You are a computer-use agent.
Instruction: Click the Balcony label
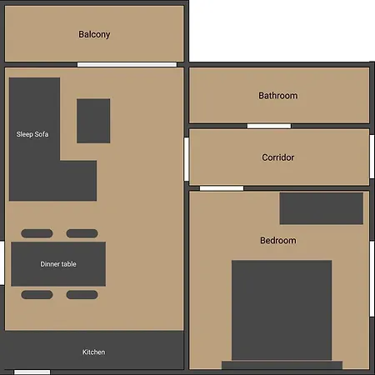(x=94, y=34)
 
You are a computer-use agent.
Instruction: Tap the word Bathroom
(x=277, y=96)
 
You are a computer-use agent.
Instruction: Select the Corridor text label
(x=277, y=157)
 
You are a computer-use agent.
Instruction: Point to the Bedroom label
(x=277, y=241)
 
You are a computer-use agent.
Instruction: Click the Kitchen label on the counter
(x=94, y=352)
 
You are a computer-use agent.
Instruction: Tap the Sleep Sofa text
(x=32, y=133)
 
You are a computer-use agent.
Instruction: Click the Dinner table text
(x=58, y=264)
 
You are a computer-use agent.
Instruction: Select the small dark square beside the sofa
(x=93, y=121)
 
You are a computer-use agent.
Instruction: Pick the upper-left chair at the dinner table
(x=37, y=233)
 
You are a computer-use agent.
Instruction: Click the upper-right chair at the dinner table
(x=82, y=233)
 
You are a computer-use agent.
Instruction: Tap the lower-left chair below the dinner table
(x=37, y=294)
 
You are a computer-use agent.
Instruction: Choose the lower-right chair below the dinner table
(x=82, y=294)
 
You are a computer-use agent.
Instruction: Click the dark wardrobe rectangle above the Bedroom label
(x=321, y=208)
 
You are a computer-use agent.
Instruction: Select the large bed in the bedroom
(x=282, y=310)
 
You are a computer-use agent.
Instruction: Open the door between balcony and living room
(x=127, y=64)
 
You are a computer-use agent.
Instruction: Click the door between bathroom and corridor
(x=268, y=126)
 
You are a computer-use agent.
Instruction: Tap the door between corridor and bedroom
(x=221, y=188)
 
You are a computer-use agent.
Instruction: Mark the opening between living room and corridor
(x=187, y=160)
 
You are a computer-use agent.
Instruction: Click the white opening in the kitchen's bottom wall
(x=32, y=372)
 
